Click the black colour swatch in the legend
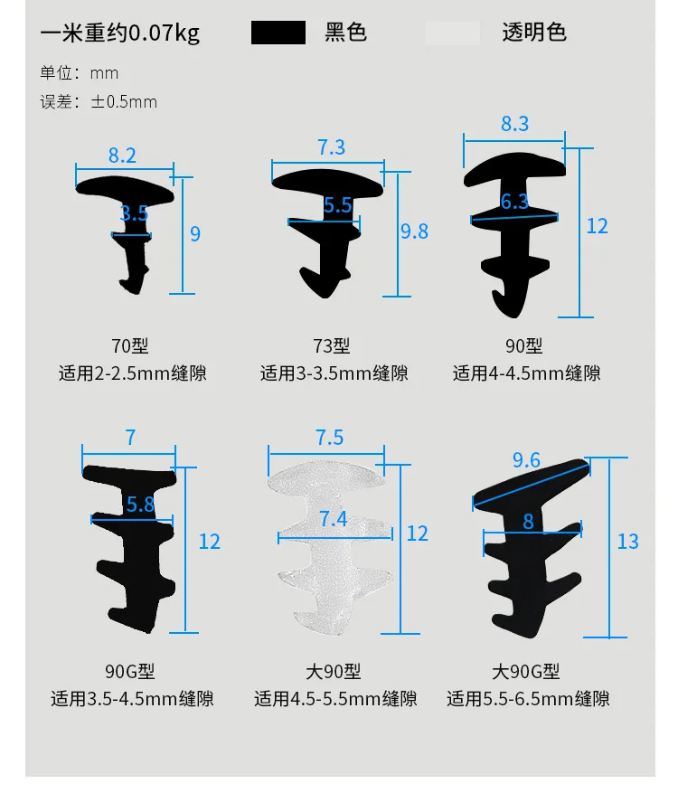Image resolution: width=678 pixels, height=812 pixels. click(x=278, y=33)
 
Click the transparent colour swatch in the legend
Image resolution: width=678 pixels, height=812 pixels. click(x=453, y=33)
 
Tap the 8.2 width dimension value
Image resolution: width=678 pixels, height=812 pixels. click(x=122, y=156)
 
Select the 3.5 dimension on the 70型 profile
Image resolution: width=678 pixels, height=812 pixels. click(x=134, y=214)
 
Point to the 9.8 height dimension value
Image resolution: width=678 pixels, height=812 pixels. click(x=414, y=231)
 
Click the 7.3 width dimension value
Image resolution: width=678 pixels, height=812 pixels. click(x=331, y=147)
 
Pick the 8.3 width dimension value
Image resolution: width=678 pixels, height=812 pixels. click(x=514, y=124)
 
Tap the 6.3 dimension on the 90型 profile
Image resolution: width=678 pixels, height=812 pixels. click(x=514, y=202)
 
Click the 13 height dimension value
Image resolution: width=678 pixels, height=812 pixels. click(x=627, y=542)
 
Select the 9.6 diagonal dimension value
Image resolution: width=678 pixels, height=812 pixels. click(x=526, y=461)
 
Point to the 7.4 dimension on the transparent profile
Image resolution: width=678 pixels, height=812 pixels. click(x=333, y=519)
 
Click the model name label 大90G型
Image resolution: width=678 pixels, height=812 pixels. click(x=526, y=672)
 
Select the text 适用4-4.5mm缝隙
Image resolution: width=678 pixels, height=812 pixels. click(x=526, y=373)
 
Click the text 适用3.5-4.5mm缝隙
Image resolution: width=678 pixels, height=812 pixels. click(x=133, y=699)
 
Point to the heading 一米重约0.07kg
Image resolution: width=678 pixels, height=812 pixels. click(x=120, y=34)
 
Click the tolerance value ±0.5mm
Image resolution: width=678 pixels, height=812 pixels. click(x=124, y=101)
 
